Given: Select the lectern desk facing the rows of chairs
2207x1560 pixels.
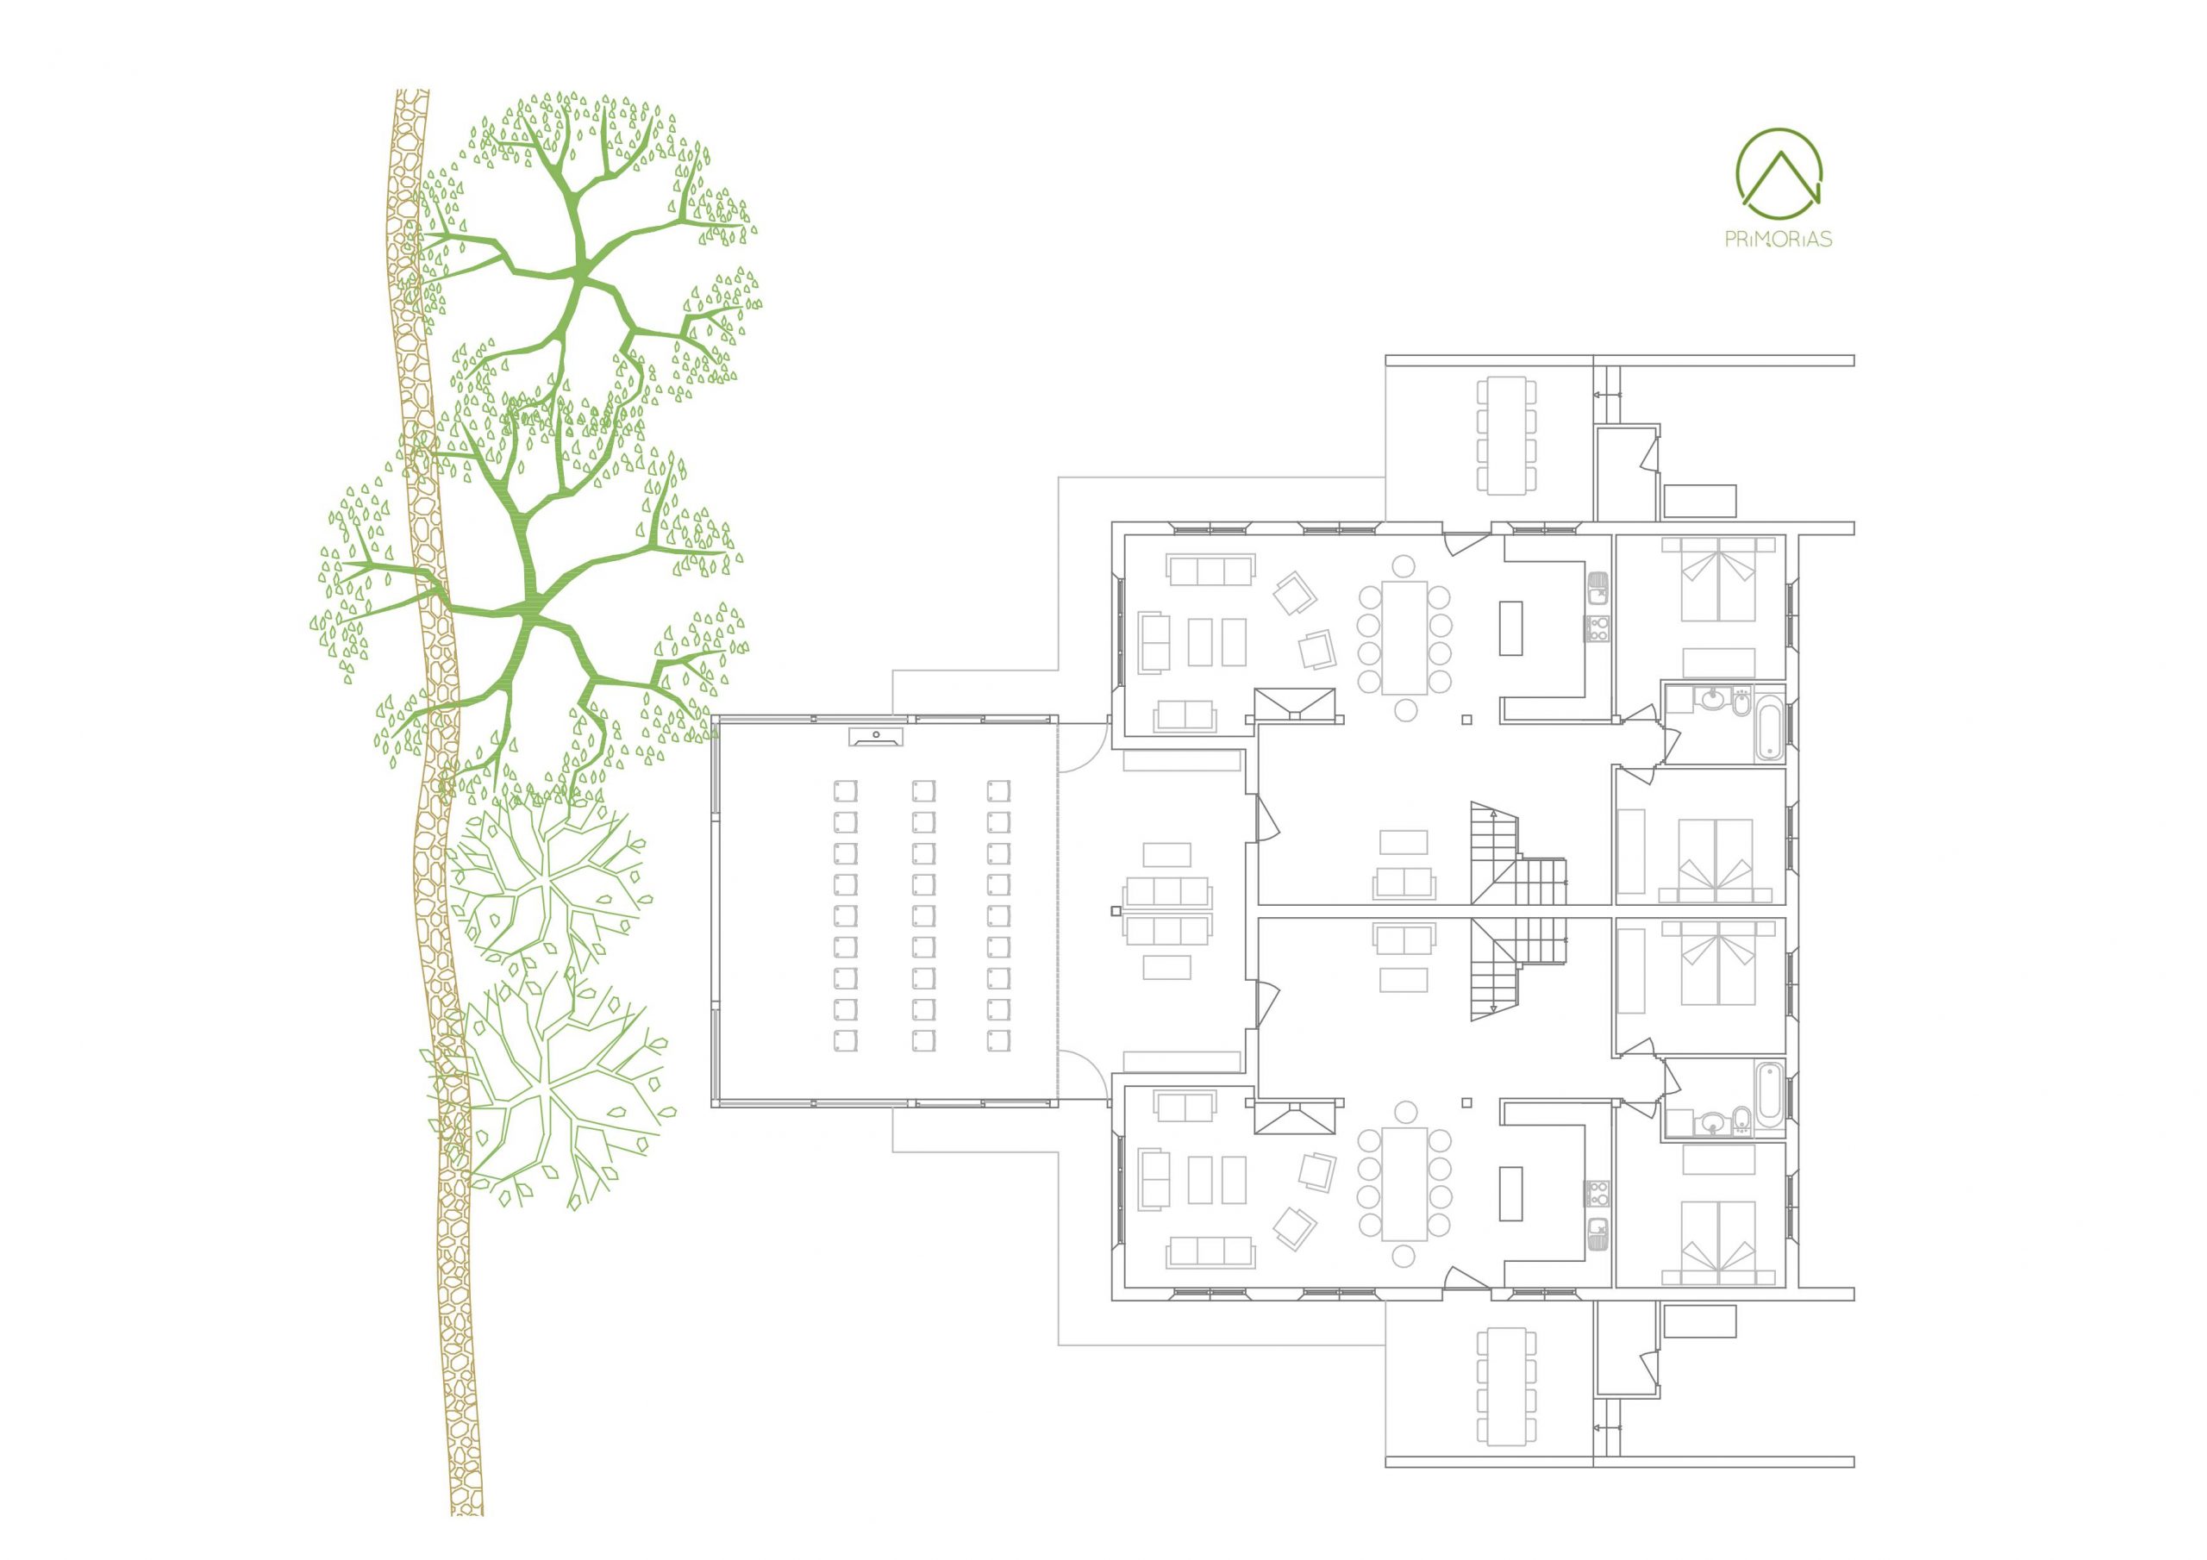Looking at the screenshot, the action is pos(876,736).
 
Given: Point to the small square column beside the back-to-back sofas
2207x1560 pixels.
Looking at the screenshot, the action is pos(1115,909).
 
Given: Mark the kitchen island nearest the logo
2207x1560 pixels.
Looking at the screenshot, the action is pos(1510,627).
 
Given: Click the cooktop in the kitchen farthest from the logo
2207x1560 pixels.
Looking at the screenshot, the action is pos(1597,1194).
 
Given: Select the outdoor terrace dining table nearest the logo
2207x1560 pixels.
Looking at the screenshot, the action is pos(1506,434).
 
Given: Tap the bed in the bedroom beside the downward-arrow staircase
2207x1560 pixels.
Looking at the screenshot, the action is pos(1716,963).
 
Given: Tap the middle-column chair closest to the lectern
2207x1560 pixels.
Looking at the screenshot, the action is pos(922,790).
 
